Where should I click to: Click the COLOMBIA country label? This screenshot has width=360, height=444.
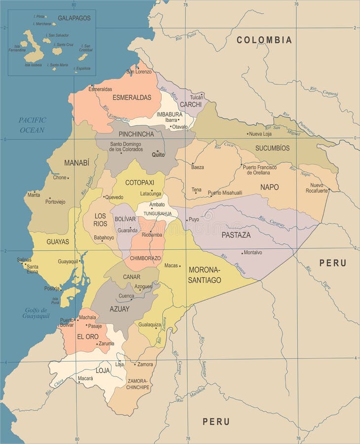(264, 40)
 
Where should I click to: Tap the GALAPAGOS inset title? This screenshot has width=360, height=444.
(74, 18)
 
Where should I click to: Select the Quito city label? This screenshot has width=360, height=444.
(158, 154)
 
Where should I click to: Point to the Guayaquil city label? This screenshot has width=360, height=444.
(69, 261)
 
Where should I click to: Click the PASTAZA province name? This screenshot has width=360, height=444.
(236, 235)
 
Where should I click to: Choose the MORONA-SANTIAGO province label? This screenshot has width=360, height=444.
(205, 275)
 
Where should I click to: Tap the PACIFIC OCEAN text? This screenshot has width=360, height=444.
(33, 125)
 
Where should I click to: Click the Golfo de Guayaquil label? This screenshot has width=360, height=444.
(36, 313)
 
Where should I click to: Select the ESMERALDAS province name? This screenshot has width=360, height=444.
(132, 97)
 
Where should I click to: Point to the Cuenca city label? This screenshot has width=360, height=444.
(126, 296)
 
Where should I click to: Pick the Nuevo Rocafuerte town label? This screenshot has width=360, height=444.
(316, 187)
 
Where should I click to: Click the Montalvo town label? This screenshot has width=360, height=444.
(253, 253)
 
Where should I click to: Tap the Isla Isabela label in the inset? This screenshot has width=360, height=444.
(33, 65)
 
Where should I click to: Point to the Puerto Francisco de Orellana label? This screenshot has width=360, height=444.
(259, 170)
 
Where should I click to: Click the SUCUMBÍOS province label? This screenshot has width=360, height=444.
(272, 148)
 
